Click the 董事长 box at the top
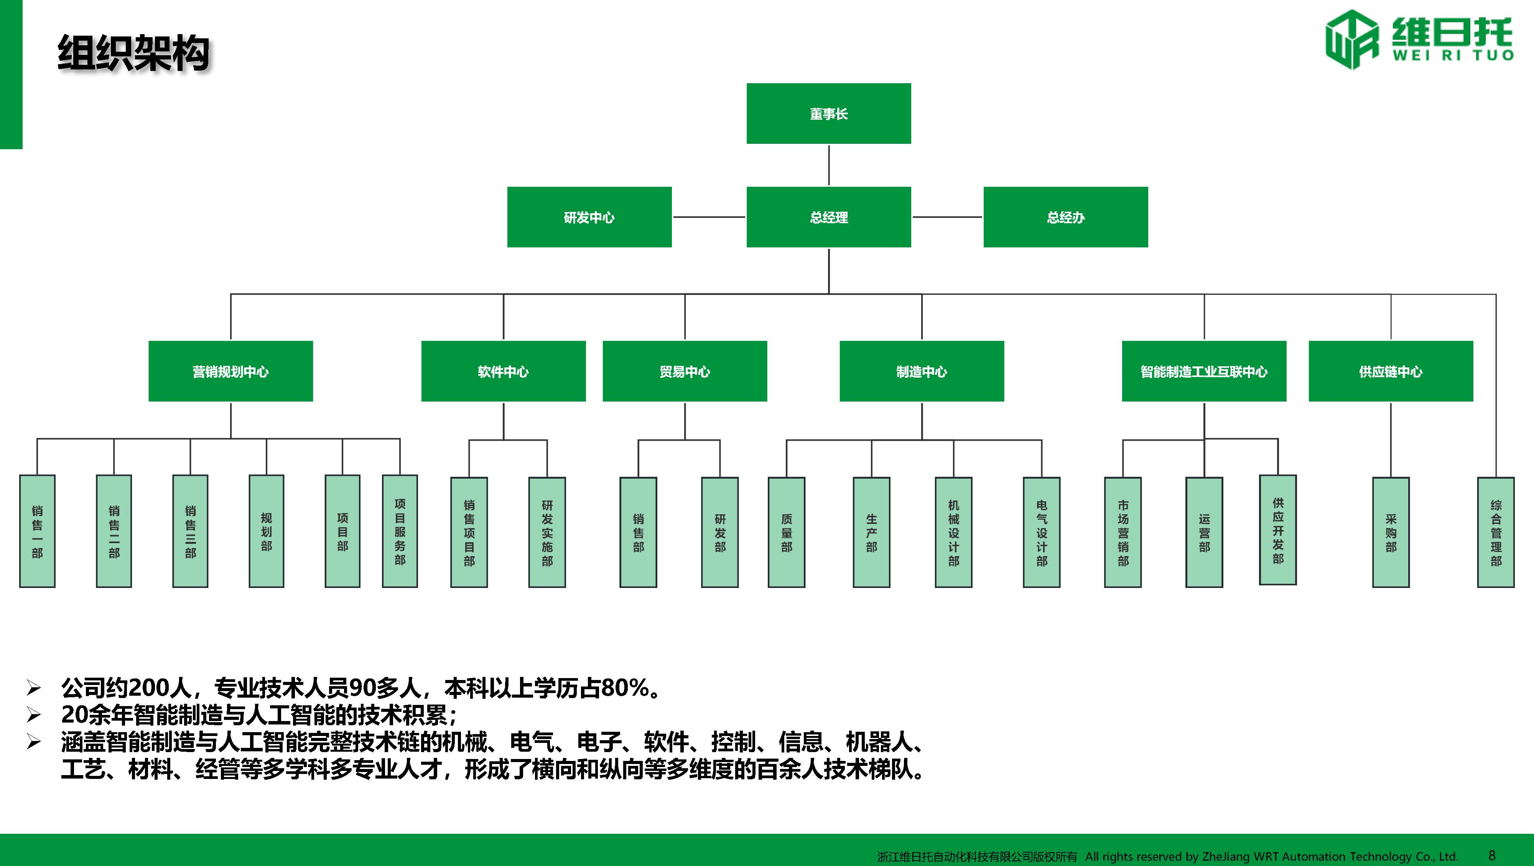pyautogui.click(x=828, y=113)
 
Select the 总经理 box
pyautogui.click(x=828, y=217)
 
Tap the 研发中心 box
pyautogui.click(x=589, y=217)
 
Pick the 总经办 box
pyautogui.click(x=1065, y=217)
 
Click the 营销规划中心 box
pyautogui.click(x=230, y=371)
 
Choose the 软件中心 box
pyautogui.click(x=503, y=371)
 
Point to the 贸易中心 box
pyautogui.click(x=684, y=371)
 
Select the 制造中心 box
pyautogui.click(x=921, y=371)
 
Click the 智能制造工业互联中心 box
pyautogui.click(x=1203, y=371)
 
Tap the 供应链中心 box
pyautogui.click(x=1391, y=371)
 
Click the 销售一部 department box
pyautogui.click(x=37, y=531)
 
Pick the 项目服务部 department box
pyautogui.click(x=400, y=531)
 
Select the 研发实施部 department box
pyautogui.click(x=546, y=532)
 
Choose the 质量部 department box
pyautogui.click(x=786, y=532)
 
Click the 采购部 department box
pyautogui.click(x=1391, y=532)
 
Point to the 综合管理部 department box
pyautogui.click(x=1495, y=532)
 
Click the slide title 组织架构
pyautogui.click(x=133, y=54)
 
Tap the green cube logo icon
pyautogui.click(x=1351, y=39)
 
